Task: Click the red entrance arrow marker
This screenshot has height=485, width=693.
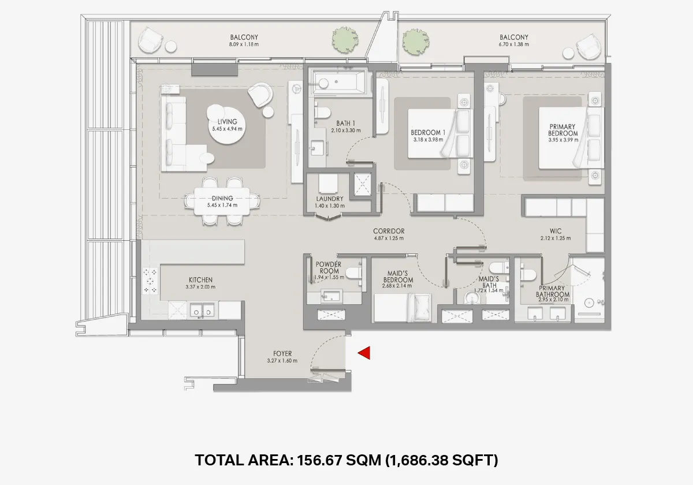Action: click(364, 353)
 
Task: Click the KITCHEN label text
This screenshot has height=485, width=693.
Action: click(200, 279)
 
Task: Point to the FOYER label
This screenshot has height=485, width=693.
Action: click(282, 353)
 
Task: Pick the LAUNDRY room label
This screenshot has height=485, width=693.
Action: click(330, 199)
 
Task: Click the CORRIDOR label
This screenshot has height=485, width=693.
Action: click(389, 231)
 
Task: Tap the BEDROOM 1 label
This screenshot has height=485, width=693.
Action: click(428, 132)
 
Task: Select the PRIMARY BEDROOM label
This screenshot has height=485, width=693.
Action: click(563, 130)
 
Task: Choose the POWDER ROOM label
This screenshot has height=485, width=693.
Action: click(328, 267)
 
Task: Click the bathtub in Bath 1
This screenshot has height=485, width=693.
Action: click(338, 83)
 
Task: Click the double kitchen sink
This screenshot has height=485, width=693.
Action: click(202, 311)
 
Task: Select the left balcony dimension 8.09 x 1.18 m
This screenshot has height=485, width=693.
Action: click(243, 44)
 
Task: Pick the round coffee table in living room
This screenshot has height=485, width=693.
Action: click(221, 113)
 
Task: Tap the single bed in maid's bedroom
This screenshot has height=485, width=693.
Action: click(403, 308)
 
